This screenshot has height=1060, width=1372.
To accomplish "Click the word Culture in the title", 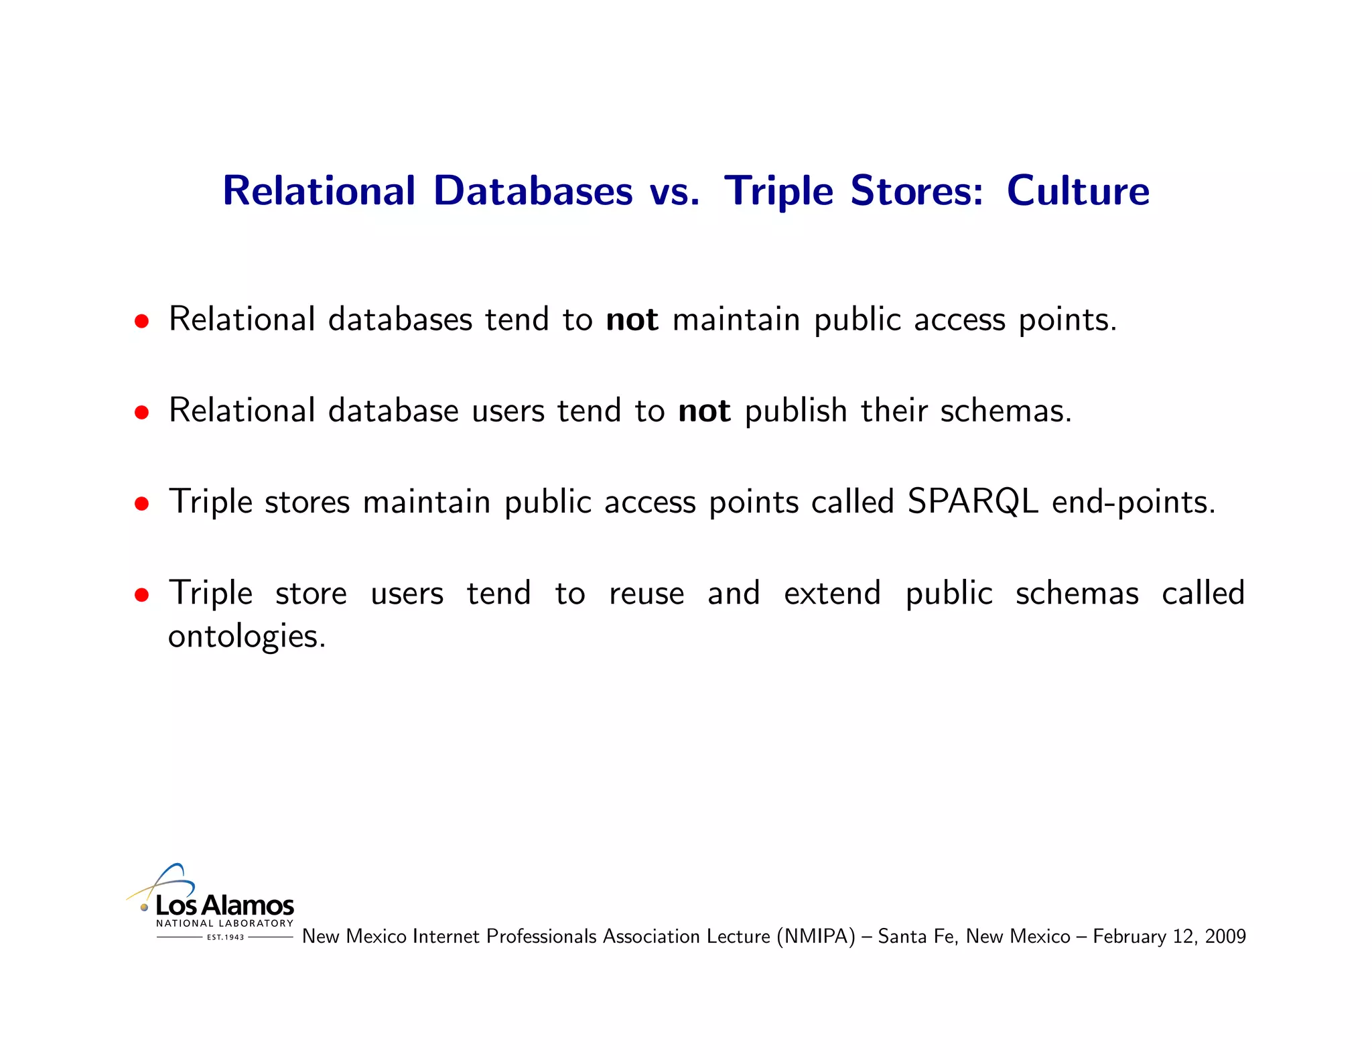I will point(1078,191).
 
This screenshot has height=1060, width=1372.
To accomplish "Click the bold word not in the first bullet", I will point(632,320).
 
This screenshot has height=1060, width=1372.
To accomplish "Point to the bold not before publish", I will point(704,411).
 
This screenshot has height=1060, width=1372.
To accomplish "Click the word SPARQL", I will point(973,501).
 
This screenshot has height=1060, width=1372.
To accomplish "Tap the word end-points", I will point(1134,503).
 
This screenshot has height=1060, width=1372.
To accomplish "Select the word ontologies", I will point(247,637).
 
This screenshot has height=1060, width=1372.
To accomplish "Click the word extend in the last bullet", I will point(832,594).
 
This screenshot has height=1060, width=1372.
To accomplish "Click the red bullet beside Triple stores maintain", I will point(141,504).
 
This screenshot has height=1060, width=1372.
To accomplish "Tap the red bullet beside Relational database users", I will point(141,413).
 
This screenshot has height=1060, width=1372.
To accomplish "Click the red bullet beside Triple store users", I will point(141,595).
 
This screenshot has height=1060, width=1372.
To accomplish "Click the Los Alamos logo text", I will point(224,906).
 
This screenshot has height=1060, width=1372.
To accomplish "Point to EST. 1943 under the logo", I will point(226,937).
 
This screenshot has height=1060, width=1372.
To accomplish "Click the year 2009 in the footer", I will point(1225,937).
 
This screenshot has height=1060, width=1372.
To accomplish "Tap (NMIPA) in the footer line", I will point(816,937).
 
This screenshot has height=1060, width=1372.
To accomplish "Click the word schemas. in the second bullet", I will point(1006,411).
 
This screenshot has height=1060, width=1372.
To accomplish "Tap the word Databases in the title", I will point(533,191).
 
